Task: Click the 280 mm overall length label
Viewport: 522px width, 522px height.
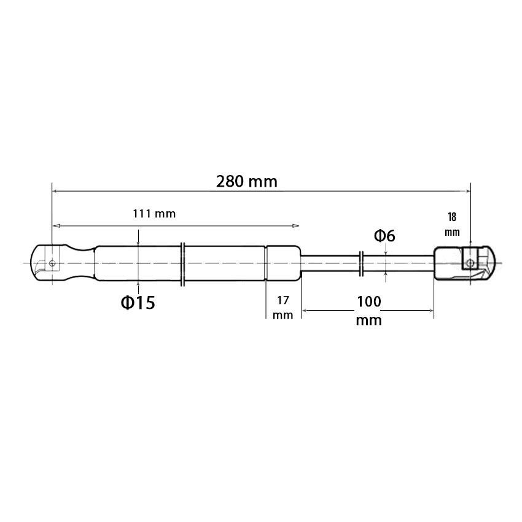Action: (x=247, y=182)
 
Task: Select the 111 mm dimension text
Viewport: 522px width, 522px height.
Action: (x=154, y=213)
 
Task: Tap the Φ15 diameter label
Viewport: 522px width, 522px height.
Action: (x=138, y=303)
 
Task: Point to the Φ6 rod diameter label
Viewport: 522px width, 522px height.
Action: (x=384, y=236)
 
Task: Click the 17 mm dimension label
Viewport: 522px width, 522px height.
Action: (x=282, y=307)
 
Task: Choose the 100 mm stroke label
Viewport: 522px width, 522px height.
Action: (x=369, y=310)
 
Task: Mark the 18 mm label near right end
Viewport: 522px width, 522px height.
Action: (x=452, y=224)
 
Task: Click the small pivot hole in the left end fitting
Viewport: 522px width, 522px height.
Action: (x=52, y=263)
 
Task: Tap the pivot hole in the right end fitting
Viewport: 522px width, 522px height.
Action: (x=470, y=263)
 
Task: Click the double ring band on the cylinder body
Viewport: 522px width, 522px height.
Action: (x=182, y=264)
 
